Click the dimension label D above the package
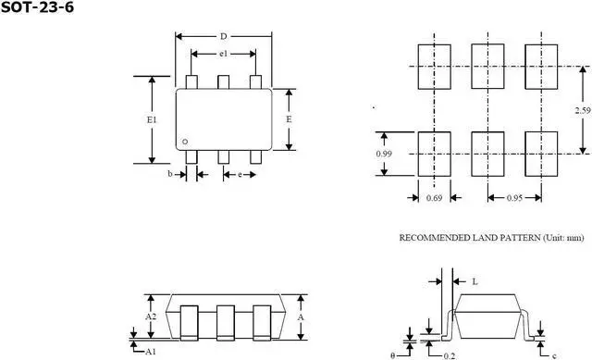coord(223,36)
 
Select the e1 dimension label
coord(223,55)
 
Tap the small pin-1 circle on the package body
coord(185,142)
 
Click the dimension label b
coord(170,174)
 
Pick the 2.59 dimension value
coord(582,110)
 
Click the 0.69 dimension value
coord(434,198)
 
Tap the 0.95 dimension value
coord(515,198)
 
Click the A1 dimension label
coord(151,352)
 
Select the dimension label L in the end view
coord(475,279)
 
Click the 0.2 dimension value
coord(450,354)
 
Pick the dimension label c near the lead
coord(552,354)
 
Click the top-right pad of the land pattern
coord(541,66)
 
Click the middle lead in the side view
coord(223,323)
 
